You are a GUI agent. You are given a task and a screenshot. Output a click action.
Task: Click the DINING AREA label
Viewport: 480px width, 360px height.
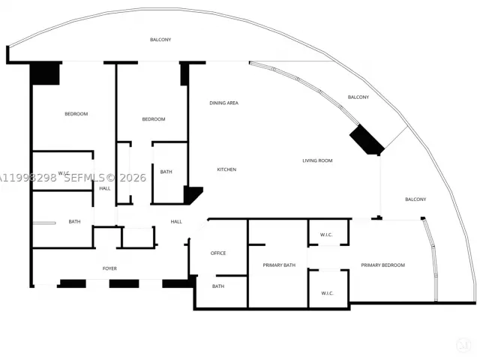(x=223, y=103)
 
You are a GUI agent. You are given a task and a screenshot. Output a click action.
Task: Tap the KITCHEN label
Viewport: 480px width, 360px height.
(x=226, y=169)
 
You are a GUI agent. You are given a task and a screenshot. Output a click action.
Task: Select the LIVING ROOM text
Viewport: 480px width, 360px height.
(x=317, y=160)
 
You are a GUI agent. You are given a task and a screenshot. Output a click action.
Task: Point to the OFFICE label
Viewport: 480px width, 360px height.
(x=218, y=253)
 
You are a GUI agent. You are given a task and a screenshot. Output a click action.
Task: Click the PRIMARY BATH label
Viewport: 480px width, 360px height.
(x=279, y=265)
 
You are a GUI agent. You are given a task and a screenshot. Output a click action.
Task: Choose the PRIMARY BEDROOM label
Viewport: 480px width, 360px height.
(x=383, y=265)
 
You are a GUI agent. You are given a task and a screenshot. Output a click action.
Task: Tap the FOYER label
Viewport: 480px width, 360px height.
(x=109, y=268)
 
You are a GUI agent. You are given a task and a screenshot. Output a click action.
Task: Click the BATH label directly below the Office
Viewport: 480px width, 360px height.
(x=218, y=286)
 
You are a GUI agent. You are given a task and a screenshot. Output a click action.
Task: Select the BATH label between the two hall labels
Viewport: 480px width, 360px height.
(x=166, y=172)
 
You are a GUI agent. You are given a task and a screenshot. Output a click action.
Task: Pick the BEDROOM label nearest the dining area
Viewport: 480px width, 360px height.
(x=154, y=119)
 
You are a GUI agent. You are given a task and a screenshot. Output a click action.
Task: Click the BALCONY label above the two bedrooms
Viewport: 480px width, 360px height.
(x=160, y=40)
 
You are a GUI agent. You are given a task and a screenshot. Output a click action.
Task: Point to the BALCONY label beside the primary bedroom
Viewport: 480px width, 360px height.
(x=415, y=199)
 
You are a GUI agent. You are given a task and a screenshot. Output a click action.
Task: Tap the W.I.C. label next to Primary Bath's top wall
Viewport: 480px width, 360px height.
(x=326, y=235)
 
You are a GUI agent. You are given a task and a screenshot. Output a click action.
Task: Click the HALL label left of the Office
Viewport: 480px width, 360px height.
(x=176, y=222)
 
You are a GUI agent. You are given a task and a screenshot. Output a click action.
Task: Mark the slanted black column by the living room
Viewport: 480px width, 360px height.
(x=367, y=139)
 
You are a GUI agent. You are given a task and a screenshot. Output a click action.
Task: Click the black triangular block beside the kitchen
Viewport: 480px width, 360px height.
(x=191, y=194)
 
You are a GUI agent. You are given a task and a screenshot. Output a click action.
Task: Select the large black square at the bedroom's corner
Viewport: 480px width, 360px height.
(x=45, y=73)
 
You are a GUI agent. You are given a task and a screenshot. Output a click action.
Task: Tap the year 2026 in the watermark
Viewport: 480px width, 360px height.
(x=133, y=178)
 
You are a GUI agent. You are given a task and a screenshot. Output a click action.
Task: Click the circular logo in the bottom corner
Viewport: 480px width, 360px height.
(x=463, y=346)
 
